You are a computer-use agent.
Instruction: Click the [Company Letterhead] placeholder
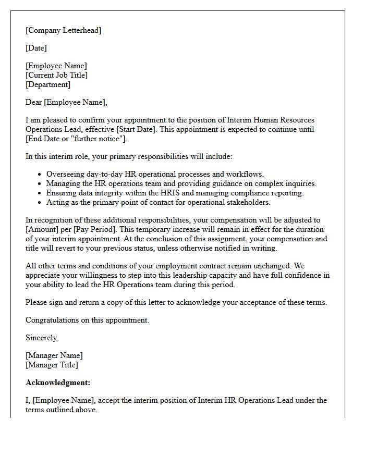63,30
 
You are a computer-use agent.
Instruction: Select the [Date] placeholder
36,48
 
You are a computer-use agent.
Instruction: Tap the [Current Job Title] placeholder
56,75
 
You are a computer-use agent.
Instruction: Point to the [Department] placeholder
48,84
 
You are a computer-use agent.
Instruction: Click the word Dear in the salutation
34,102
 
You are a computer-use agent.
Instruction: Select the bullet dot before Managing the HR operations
40,183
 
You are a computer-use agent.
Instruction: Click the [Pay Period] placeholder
90,229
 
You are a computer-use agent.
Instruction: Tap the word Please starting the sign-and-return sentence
36,302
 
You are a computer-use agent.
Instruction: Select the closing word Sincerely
42,338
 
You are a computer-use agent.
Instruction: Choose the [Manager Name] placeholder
54,355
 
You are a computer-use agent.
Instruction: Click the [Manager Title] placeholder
52,365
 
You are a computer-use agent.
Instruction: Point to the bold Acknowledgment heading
58,382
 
